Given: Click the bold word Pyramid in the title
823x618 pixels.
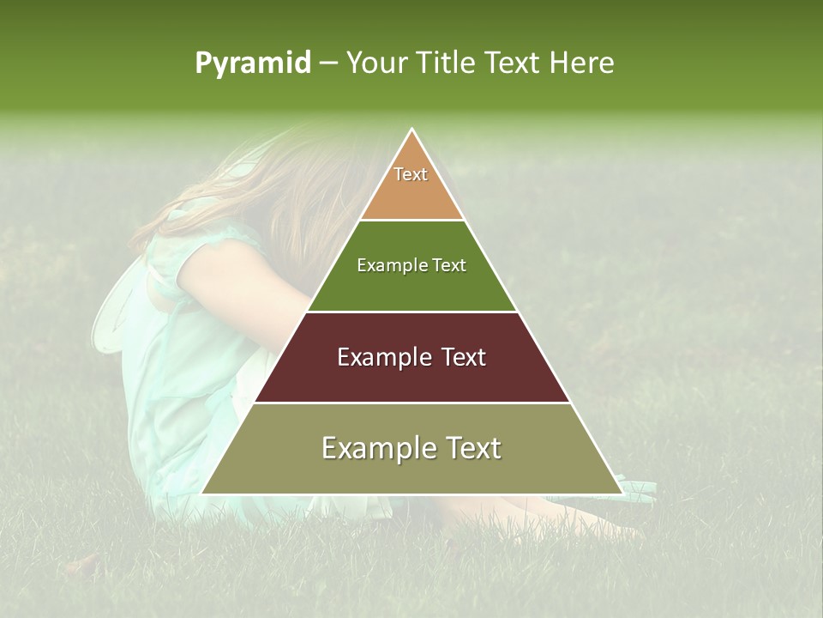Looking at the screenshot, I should point(253,63).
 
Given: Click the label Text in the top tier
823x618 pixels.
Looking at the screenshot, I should point(411,174).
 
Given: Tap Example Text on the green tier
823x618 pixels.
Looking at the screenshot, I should point(411,265).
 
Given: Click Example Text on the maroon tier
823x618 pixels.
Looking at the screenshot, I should point(411,357).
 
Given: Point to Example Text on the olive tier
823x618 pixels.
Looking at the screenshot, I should point(411,448).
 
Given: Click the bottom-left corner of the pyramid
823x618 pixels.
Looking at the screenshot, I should point(202,494).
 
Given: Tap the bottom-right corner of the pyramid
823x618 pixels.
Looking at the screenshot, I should point(622,494).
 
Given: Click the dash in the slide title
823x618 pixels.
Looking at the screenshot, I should point(328,63).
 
